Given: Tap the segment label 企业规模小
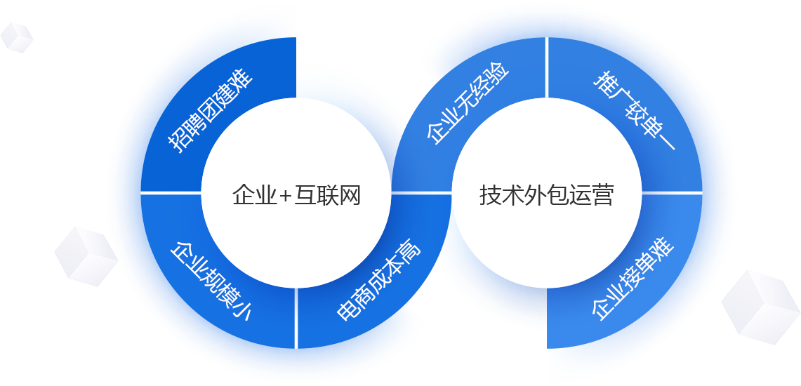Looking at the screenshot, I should point(211,281).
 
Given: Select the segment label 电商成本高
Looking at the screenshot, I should point(379,281).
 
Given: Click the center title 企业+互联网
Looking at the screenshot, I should point(296,195).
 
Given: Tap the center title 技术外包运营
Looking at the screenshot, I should point(547,195).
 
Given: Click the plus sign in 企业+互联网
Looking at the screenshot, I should point(285,196).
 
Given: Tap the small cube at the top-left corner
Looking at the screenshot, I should point(15,36).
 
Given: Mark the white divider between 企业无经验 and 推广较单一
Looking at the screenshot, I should point(547,67).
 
